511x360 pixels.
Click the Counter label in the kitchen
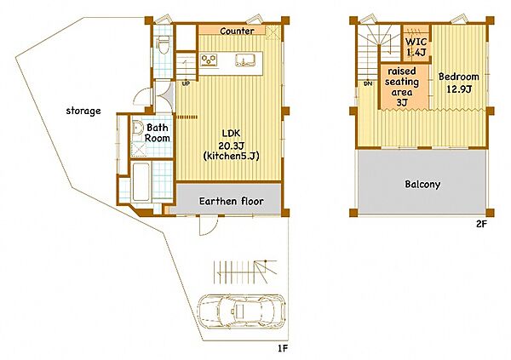[237, 31]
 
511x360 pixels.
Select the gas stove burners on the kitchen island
[209, 60]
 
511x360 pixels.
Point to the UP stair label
[186, 83]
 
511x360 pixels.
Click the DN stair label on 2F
[368, 83]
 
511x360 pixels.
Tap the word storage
[83, 111]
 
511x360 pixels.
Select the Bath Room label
[157, 133]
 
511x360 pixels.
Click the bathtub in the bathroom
[141, 182]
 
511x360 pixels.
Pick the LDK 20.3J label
[231, 139]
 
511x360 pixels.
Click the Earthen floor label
[232, 202]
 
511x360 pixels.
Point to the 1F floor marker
[283, 349]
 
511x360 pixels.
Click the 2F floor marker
[481, 224]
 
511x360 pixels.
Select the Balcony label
[422, 185]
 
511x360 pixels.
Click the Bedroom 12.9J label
[458, 83]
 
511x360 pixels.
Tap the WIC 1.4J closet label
[416, 47]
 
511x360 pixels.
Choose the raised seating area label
[402, 87]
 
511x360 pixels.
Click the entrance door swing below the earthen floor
[209, 226]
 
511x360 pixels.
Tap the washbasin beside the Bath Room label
[136, 128]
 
